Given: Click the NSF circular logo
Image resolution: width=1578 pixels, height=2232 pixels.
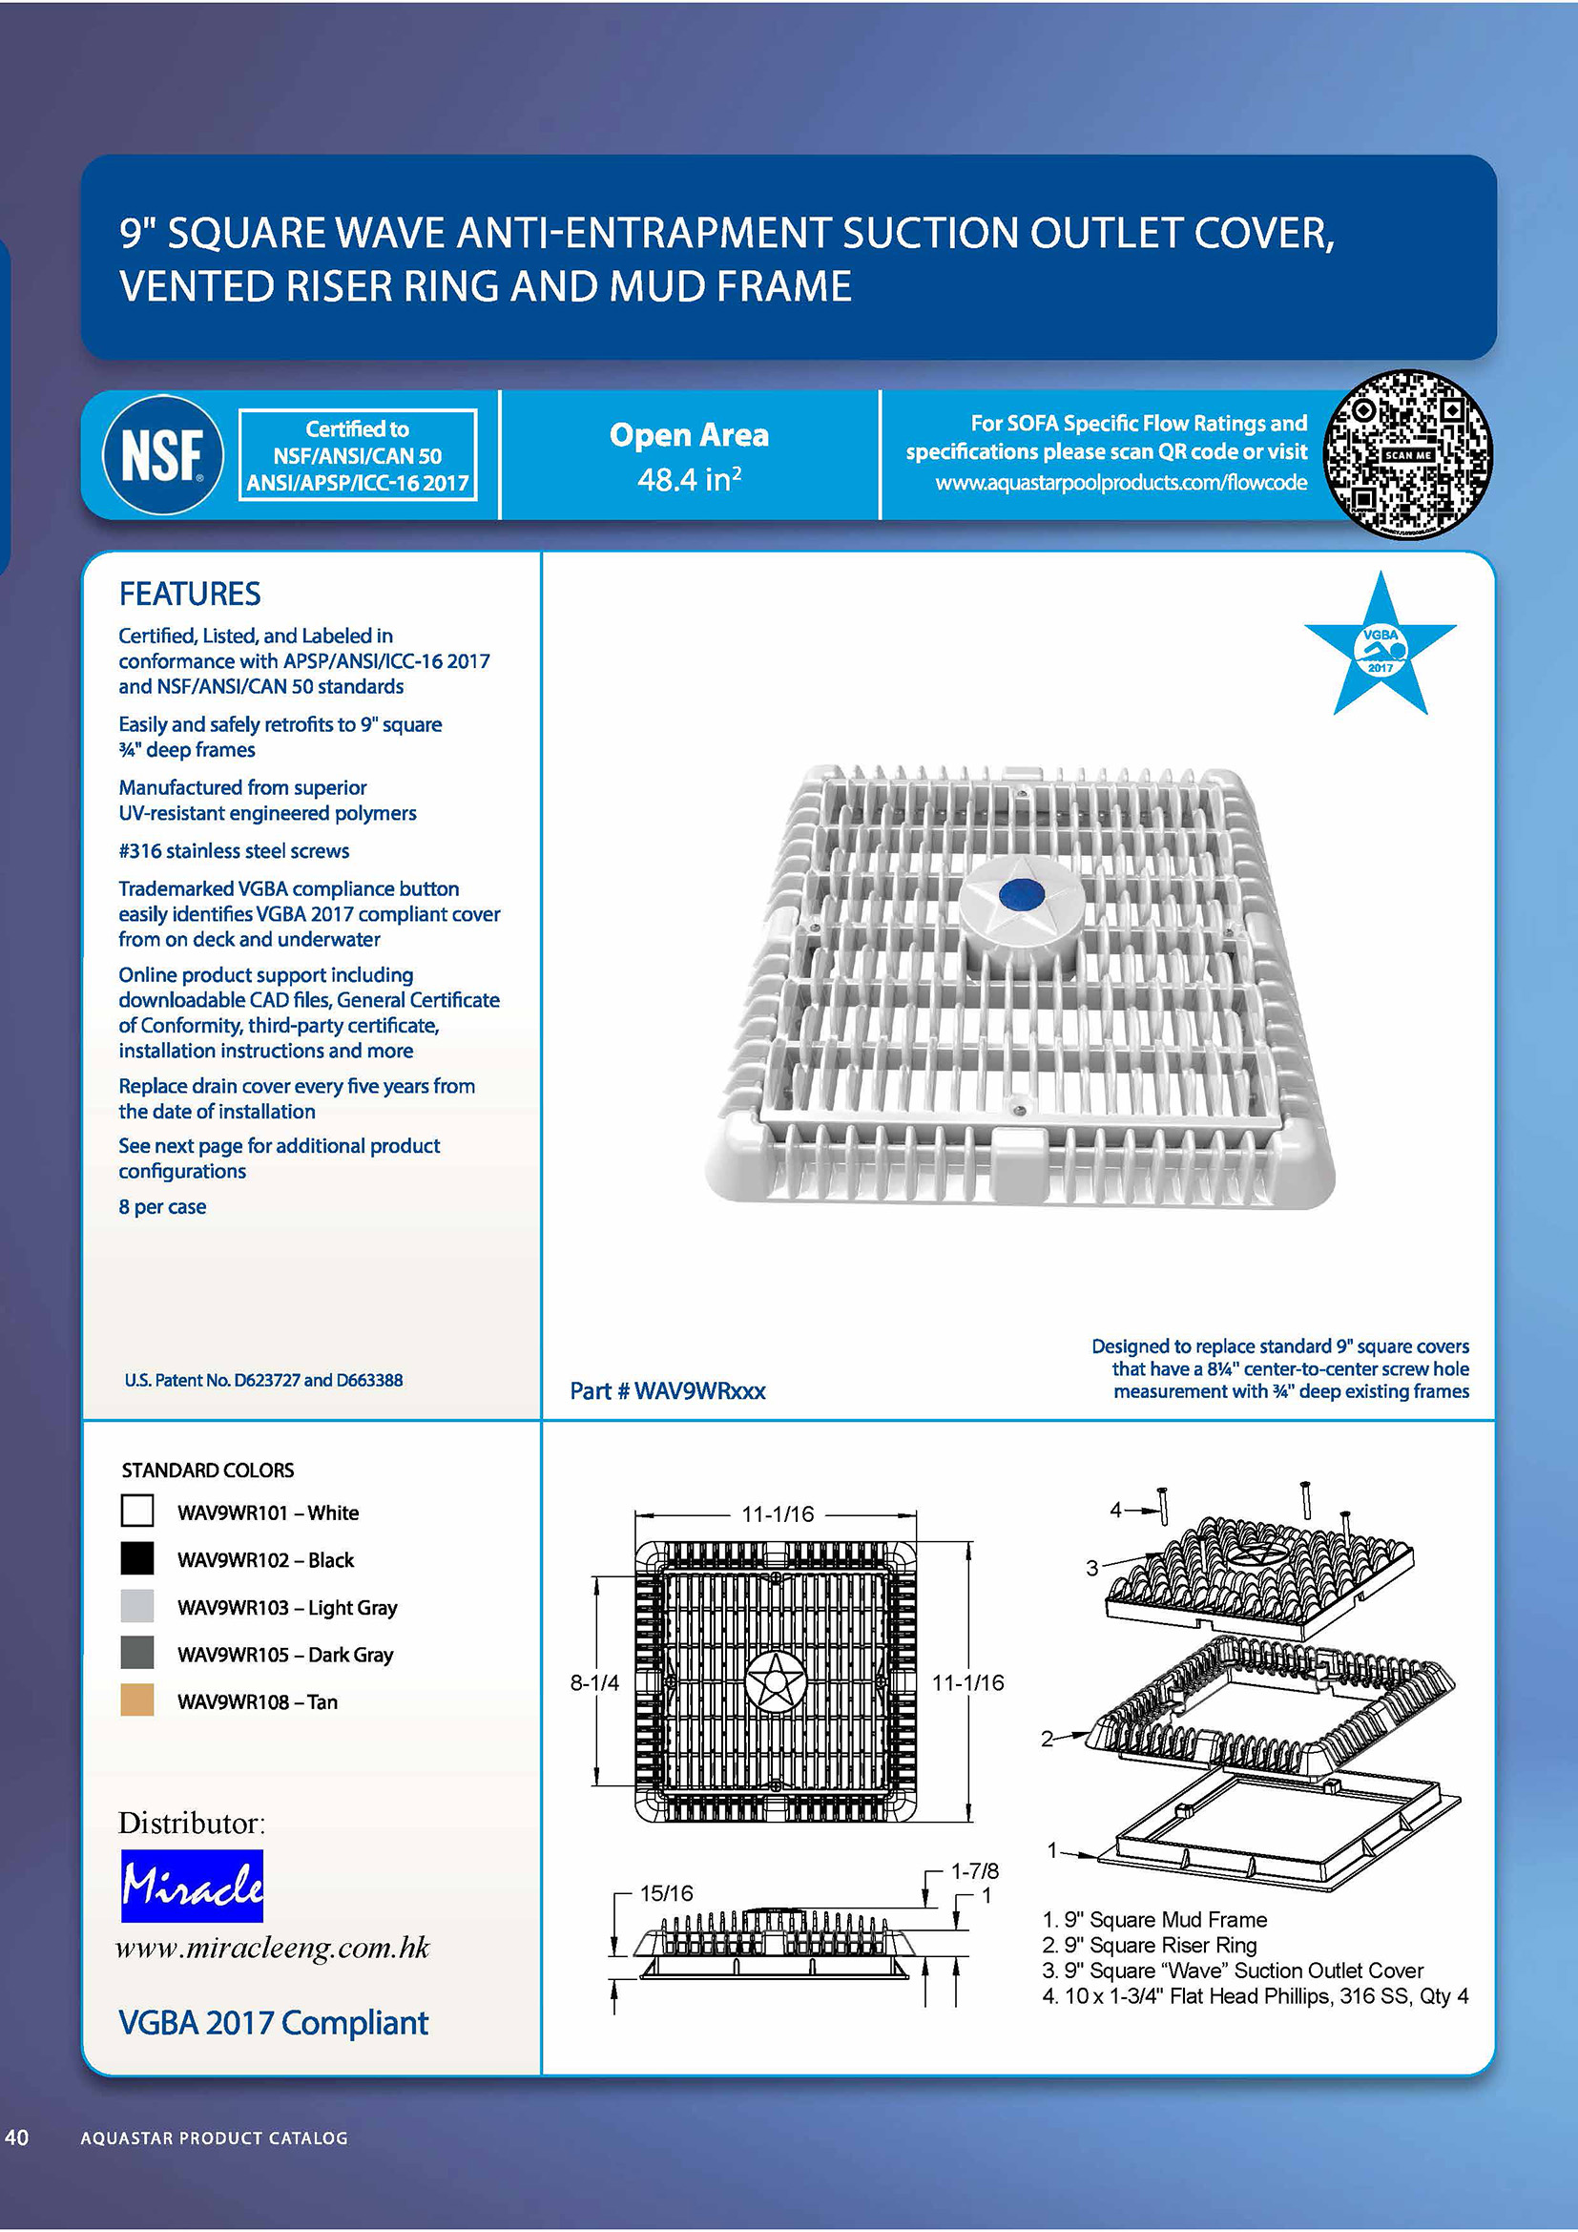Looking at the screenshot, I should (x=162, y=454).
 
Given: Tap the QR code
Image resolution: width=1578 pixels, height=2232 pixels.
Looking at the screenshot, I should (x=1408, y=454).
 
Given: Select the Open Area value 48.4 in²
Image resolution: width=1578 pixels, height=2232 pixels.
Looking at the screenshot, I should (x=689, y=479).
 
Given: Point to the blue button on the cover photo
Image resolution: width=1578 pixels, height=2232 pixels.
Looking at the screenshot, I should (x=1021, y=894).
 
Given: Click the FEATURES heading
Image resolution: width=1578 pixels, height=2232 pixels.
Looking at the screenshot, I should (x=190, y=593).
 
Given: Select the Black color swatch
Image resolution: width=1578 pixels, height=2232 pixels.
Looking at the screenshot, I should (x=137, y=1558).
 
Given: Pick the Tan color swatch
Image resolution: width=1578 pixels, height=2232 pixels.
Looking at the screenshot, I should (x=137, y=1700).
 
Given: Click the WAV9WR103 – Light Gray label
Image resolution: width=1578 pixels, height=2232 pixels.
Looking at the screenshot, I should (x=287, y=1607).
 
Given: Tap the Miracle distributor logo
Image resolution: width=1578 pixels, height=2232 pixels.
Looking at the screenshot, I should (x=192, y=1885).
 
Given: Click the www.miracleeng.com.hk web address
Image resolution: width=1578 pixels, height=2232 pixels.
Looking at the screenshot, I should (x=272, y=1948).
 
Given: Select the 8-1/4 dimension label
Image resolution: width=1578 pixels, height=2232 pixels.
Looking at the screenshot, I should (x=593, y=1682).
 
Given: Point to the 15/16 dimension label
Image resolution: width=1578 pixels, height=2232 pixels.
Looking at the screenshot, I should (x=667, y=1892).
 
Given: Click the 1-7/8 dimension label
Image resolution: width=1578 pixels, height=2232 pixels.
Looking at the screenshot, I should (x=975, y=1870).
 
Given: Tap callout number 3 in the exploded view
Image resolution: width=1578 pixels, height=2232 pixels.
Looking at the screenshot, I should (x=1092, y=1568).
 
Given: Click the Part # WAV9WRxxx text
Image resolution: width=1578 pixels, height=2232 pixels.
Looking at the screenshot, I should (x=668, y=1391).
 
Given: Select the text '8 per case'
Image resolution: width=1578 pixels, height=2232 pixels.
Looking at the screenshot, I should (x=162, y=1206).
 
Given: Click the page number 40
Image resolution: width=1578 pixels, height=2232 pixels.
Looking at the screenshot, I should (x=16, y=2137).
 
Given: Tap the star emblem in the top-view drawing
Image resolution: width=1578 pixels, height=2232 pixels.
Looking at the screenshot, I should (x=775, y=1679).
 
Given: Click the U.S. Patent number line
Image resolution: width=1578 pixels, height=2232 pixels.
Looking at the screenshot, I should (x=263, y=1380).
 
